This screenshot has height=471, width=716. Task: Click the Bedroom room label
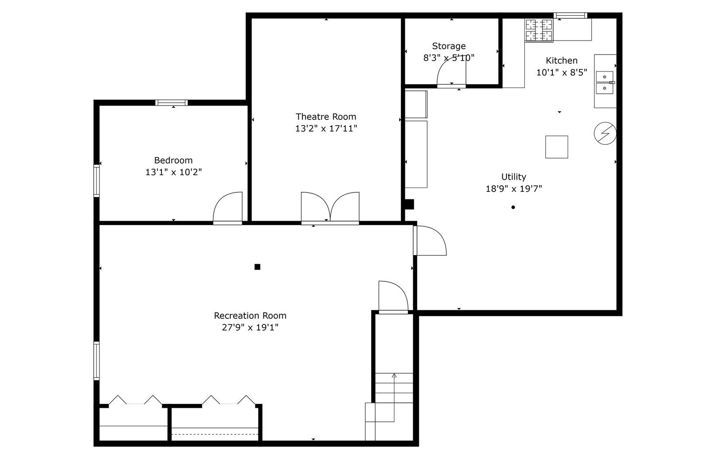173,160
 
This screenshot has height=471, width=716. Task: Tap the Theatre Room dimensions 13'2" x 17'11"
326,128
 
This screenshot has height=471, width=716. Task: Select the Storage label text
449,46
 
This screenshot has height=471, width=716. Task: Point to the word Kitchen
562,61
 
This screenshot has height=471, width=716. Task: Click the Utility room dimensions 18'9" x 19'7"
514,188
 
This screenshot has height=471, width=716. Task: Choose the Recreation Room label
250,315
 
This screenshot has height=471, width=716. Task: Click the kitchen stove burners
538,31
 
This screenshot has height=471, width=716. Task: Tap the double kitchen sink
605,82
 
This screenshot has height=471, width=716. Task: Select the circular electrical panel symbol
605,133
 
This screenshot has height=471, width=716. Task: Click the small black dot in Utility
513,207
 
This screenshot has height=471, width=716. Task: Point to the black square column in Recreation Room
257,267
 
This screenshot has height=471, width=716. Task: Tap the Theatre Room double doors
330,208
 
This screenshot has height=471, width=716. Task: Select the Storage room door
451,72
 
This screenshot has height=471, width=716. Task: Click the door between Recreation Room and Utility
430,240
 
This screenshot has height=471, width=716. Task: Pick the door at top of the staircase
393,297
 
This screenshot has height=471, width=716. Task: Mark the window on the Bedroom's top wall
171,103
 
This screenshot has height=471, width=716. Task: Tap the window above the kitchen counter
570,16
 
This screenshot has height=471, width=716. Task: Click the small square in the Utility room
556,147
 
